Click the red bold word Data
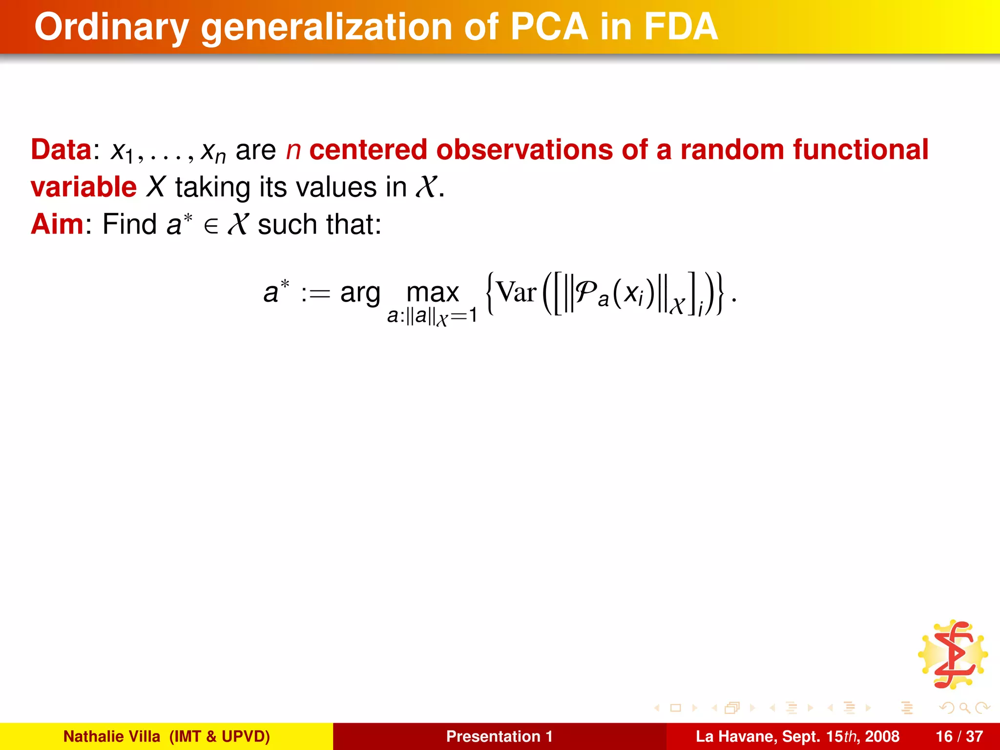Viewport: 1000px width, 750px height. point(61,149)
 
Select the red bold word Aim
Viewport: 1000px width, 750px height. point(57,224)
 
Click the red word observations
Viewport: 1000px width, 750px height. point(524,149)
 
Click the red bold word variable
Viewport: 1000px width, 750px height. point(83,187)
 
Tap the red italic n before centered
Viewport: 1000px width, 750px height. point(293,150)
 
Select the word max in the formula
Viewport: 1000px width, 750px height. point(433,292)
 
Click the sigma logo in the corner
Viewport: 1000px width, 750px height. point(953,655)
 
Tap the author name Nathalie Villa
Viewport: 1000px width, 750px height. point(112,736)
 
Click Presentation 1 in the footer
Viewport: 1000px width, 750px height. point(499,736)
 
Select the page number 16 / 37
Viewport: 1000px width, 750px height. point(959,736)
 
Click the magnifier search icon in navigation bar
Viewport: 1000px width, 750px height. point(964,708)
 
